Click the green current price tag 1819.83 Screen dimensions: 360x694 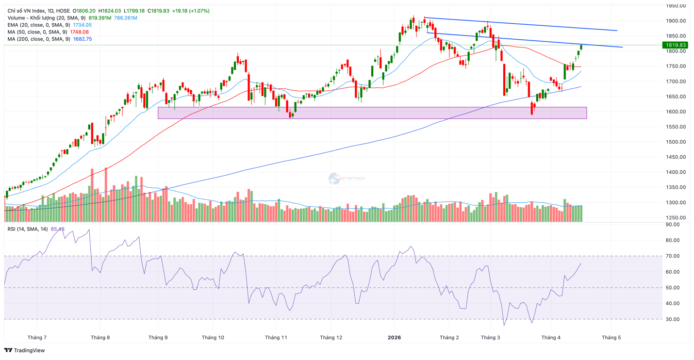[676, 45]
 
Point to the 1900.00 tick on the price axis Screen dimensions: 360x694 [676, 21]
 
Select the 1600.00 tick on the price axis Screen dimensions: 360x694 [676, 112]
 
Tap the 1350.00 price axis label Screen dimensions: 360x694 [676, 187]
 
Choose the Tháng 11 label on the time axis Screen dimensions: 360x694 [276, 337]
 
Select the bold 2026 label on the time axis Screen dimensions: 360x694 [394, 337]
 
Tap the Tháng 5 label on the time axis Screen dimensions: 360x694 [611, 337]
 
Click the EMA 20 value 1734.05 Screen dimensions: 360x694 [82, 25]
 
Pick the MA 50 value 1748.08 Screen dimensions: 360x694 [79, 32]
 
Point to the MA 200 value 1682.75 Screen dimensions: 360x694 [82, 39]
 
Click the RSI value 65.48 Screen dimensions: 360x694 [57, 229]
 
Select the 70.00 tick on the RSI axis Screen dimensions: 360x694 [672, 256]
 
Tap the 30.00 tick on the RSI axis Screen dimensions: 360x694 [672, 319]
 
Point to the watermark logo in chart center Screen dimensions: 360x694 [334, 179]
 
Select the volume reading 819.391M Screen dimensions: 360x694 [100, 18]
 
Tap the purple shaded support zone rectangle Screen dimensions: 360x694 [372, 113]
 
